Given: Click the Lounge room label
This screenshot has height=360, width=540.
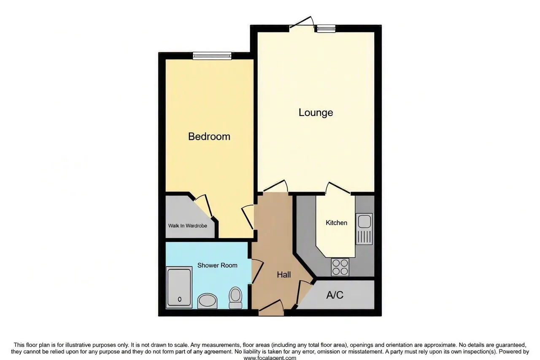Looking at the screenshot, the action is [x=316, y=113].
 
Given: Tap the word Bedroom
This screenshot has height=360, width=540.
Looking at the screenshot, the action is [x=209, y=136].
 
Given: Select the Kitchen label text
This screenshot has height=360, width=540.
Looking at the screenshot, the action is [x=336, y=222].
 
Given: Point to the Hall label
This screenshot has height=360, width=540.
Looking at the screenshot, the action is [x=284, y=274].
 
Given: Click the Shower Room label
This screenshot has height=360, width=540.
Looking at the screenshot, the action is [x=217, y=265].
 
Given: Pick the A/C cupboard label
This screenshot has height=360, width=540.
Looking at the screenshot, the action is [x=335, y=295].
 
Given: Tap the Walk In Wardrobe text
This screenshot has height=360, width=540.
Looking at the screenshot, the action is [x=188, y=226].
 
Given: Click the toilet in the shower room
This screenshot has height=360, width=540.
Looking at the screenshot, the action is [x=235, y=297].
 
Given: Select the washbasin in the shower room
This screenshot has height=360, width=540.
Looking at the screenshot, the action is [x=207, y=301].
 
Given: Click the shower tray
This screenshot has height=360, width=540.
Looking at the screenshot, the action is [x=179, y=287].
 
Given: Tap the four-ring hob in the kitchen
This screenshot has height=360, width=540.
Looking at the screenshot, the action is [x=340, y=267].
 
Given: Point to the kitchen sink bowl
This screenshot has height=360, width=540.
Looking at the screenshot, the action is [x=364, y=221].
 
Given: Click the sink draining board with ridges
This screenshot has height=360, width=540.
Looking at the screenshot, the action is [x=364, y=237].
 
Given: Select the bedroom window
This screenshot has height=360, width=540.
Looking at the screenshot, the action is [x=212, y=56].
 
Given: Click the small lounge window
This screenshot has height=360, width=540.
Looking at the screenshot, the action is [x=326, y=29].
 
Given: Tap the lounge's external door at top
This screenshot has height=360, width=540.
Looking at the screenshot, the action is [x=302, y=24].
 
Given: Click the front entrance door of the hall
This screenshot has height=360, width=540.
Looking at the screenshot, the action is [x=271, y=308].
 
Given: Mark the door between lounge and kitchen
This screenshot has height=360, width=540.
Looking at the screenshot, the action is [x=338, y=188].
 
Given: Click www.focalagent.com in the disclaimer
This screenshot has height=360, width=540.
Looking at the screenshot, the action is [x=270, y=358].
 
